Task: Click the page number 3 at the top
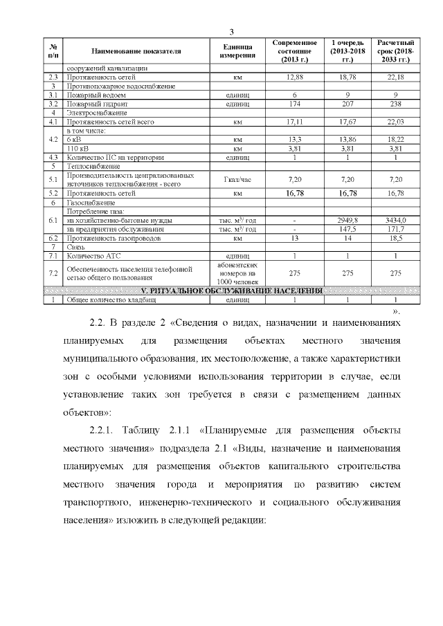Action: (232, 32)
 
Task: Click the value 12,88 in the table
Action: (294, 77)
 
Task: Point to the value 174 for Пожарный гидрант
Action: (294, 103)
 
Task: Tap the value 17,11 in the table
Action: (294, 121)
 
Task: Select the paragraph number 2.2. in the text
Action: (101, 323)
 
